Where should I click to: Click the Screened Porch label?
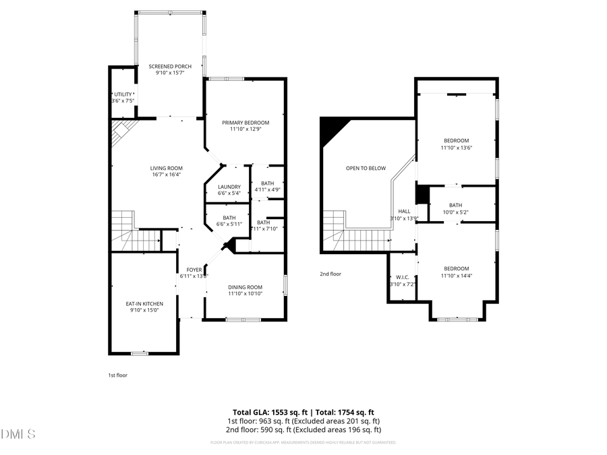pyautogui.click(x=170, y=66)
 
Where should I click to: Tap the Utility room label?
pyautogui.click(x=123, y=94)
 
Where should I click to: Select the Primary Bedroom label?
pyautogui.click(x=245, y=123)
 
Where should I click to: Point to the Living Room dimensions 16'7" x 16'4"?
pyautogui.click(x=166, y=175)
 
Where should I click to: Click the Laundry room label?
pyautogui.click(x=229, y=187)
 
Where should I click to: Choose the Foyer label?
pyautogui.click(x=194, y=270)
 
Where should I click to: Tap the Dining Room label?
pyautogui.click(x=245, y=286)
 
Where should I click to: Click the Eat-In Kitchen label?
pyautogui.click(x=144, y=304)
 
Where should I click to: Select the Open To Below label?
pyautogui.click(x=366, y=168)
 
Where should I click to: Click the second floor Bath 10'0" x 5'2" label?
pyautogui.click(x=455, y=206)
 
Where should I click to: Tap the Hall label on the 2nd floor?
pyautogui.click(x=404, y=211)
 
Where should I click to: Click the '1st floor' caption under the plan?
pyautogui.click(x=118, y=375)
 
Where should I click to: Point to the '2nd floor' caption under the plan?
pyautogui.click(x=330, y=274)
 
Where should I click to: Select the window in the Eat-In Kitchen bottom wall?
pyautogui.click(x=140, y=353)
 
